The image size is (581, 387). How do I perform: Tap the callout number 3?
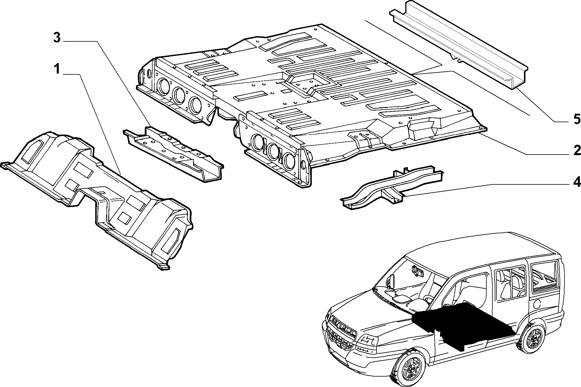click(x=57, y=38)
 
